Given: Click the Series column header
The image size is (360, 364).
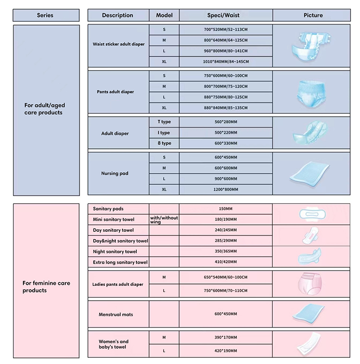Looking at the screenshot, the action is coord(46,15).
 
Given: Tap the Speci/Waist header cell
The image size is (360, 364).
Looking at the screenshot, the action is coord(226,15).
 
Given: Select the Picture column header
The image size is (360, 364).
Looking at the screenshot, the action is coord(312,15).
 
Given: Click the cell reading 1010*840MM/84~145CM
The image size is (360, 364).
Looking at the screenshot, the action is coord(226,62).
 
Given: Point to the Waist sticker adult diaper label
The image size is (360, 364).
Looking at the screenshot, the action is coord(119,44).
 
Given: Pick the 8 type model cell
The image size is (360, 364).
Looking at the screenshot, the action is coord(164,143).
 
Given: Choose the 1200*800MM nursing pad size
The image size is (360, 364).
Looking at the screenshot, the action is coord(226,189).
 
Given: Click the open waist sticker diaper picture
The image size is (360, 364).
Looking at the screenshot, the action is coord(311,47).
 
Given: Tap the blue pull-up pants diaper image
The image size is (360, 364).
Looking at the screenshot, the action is coord(311,94).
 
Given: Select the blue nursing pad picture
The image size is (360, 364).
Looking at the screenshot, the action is coord(310,174).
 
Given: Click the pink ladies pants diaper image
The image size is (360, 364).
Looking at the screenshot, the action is coord(310,284).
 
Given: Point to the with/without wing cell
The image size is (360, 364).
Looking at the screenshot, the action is coord(164,219).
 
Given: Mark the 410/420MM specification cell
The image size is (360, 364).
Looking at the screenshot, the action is coord(226,262).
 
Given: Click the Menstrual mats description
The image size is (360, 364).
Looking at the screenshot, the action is coord(116,315).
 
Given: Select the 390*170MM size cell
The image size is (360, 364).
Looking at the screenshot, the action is coord(226,337).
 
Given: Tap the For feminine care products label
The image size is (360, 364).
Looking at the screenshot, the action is coord(46,287).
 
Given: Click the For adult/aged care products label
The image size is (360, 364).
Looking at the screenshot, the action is coord(45,109).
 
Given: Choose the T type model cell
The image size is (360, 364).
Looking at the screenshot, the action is coord(164,122).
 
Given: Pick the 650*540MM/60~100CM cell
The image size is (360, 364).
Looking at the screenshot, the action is coord(226,277).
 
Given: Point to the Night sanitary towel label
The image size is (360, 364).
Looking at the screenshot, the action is coord(115,252).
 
